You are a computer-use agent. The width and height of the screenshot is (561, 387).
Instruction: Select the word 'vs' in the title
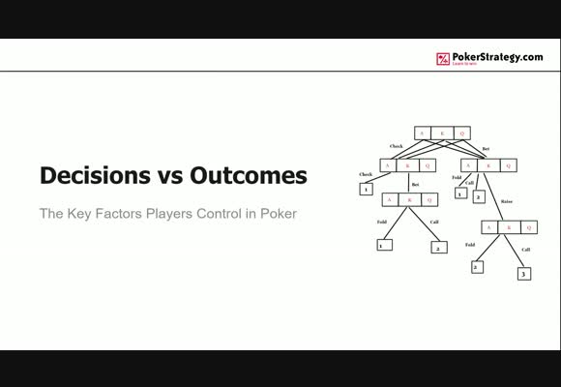coord(164,176)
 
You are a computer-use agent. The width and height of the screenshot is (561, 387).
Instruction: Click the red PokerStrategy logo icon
coord(444,59)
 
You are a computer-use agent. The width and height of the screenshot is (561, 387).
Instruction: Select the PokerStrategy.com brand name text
coord(497,57)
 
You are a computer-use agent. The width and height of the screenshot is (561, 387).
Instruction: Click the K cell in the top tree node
coord(442,134)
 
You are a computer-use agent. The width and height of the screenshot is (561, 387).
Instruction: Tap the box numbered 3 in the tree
coord(523,274)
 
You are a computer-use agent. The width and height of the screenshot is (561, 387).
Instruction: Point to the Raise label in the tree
coord(506,201)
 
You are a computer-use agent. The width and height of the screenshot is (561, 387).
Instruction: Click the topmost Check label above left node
coord(396,147)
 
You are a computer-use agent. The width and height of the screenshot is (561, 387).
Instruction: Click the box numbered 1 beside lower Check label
coord(366,189)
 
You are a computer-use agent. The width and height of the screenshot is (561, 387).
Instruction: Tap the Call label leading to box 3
coord(526,250)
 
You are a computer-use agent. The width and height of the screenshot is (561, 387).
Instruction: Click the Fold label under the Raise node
coord(471,245)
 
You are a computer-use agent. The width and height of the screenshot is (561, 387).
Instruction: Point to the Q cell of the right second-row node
coord(508,165)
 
